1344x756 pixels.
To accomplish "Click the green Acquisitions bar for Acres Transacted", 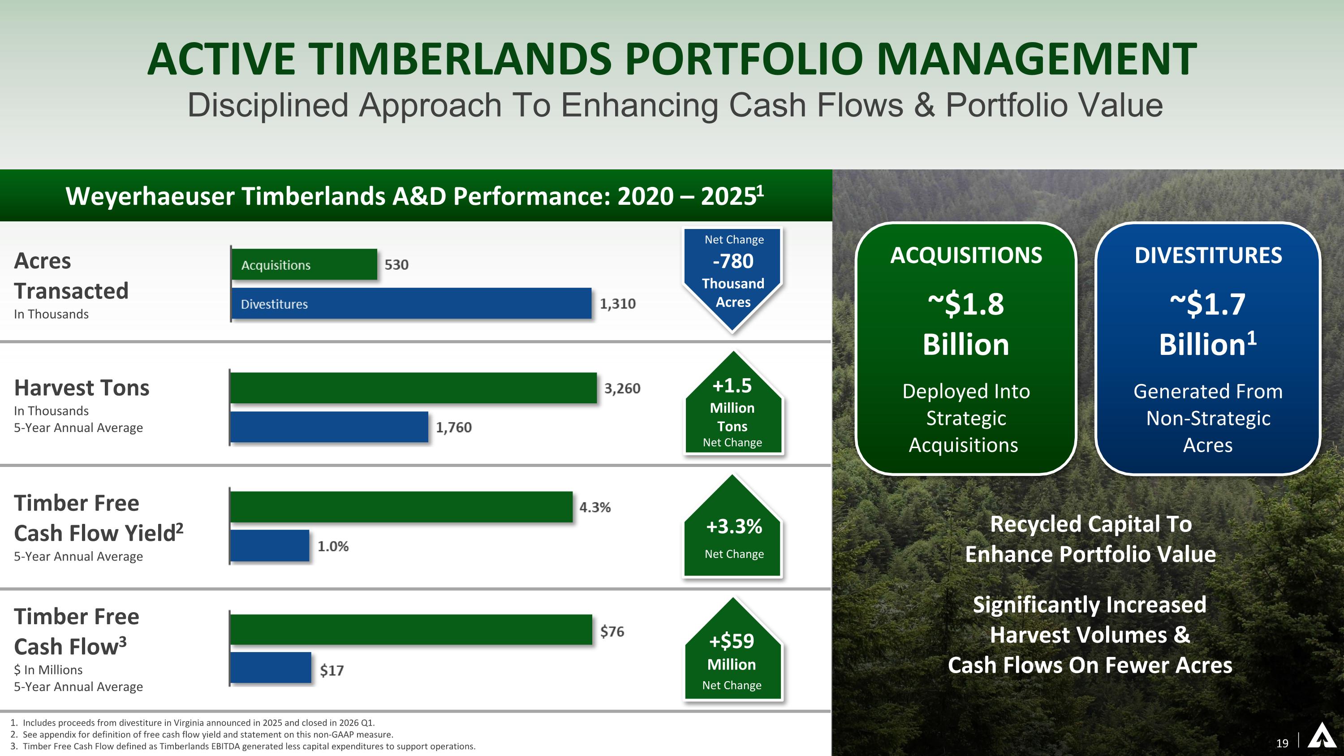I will point(304,264).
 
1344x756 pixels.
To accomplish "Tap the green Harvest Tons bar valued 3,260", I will point(413,388).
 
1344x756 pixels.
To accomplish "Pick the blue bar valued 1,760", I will point(329,427).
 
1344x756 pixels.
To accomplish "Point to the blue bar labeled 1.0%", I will point(269,546).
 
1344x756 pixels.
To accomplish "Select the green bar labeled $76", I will point(411,630).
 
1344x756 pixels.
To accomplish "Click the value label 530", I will point(396,264).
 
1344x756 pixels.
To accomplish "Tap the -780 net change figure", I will point(733,261).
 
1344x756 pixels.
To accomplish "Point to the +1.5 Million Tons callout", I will point(732,407).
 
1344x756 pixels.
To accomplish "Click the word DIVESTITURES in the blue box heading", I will point(1208,255).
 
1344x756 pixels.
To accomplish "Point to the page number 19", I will point(1282,743).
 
